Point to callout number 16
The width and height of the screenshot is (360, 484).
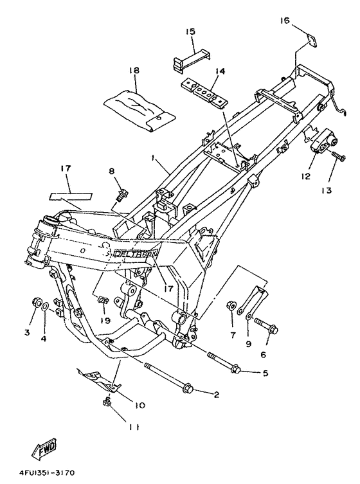point(284,21)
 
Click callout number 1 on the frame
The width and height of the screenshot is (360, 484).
point(153,156)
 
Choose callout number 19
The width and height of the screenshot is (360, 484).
point(102,319)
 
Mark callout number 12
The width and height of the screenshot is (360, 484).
point(305,175)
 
